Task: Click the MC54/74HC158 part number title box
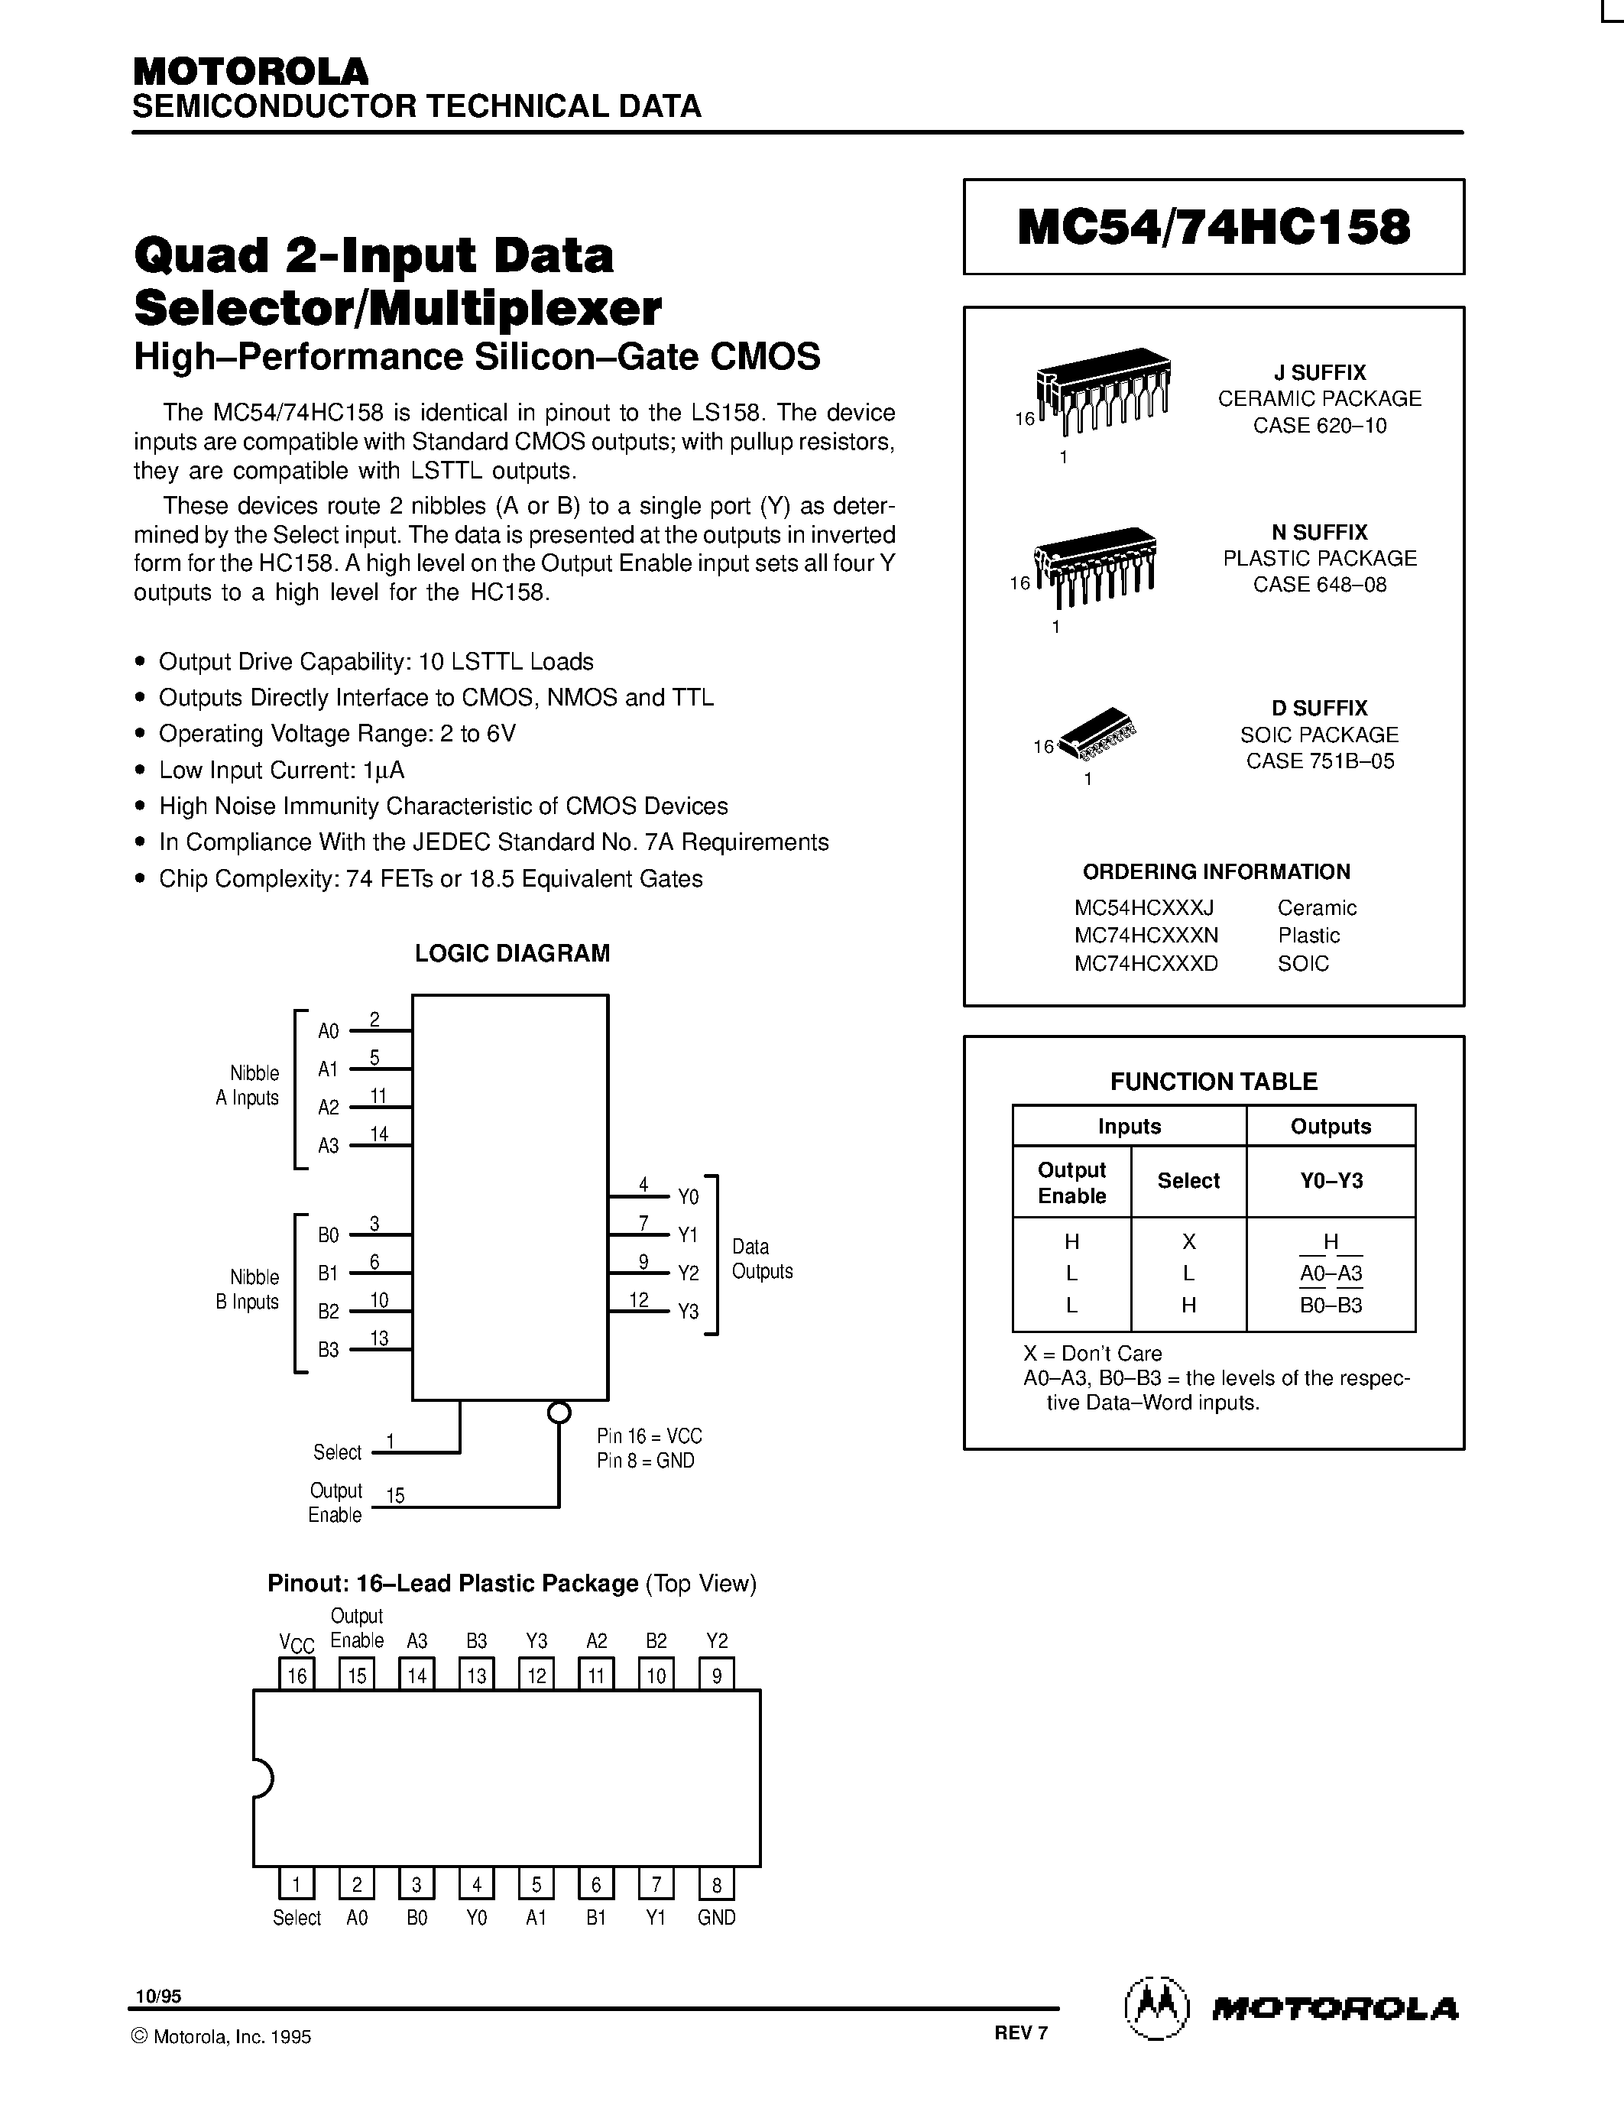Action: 1213,227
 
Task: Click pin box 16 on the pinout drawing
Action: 297,1675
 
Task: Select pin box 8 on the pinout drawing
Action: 716,1883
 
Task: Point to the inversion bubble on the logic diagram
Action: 558,1412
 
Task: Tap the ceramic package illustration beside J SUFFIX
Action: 1103,390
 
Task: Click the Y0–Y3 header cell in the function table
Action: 1331,1181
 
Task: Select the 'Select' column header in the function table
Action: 1188,1181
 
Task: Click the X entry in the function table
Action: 1188,1241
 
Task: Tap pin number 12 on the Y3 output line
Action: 639,1300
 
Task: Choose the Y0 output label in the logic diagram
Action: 688,1197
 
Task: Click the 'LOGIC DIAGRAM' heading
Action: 512,953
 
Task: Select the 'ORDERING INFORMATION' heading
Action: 1216,872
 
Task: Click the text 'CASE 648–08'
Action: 1319,586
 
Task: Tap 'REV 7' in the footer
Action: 1021,2032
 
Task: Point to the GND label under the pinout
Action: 716,1917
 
